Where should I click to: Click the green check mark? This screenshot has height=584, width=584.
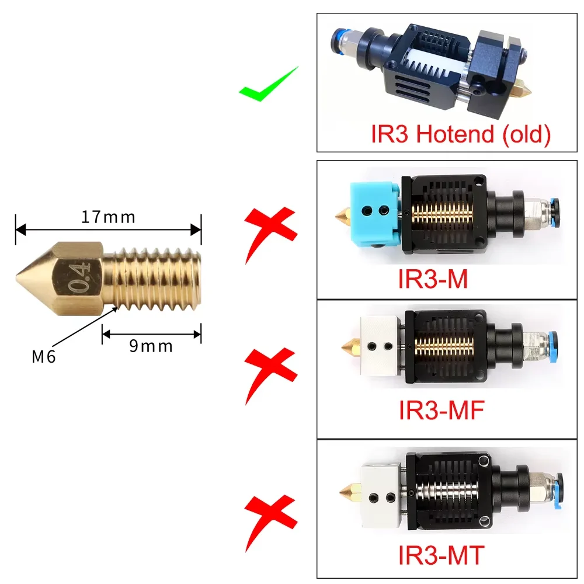click(x=267, y=86)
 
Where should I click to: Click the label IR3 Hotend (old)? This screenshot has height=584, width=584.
click(x=461, y=134)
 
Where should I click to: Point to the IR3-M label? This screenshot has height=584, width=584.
click(x=433, y=279)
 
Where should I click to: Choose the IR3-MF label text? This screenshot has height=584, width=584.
click(x=442, y=411)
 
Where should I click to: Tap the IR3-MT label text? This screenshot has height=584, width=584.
click(x=441, y=554)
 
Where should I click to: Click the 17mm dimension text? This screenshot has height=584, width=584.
click(x=108, y=217)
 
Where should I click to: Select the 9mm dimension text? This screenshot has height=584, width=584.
click(x=151, y=346)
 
